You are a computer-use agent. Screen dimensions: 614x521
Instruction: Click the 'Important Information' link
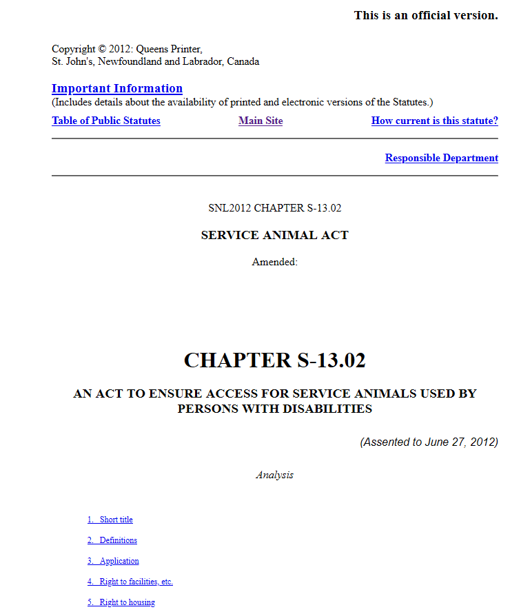(x=117, y=88)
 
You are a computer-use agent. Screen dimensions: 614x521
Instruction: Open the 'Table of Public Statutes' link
(x=106, y=121)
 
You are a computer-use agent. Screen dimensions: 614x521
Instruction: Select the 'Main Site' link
(x=260, y=121)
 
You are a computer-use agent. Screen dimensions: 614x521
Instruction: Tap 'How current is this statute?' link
(x=434, y=121)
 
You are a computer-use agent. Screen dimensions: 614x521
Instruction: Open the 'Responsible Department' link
(x=441, y=158)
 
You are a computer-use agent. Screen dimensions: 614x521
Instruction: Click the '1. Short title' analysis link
(x=110, y=520)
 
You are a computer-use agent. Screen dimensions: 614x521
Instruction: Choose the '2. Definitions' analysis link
(x=112, y=540)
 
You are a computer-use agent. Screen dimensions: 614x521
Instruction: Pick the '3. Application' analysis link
(x=113, y=561)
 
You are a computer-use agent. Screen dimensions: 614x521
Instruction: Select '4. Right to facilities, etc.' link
(x=130, y=582)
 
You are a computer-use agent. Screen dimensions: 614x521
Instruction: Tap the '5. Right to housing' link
(x=121, y=602)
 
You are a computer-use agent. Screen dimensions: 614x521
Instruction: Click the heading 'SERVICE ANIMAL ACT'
(x=274, y=235)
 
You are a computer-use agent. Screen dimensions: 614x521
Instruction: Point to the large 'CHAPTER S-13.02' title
(x=274, y=360)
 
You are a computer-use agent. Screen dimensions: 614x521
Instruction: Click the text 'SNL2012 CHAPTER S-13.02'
(x=274, y=208)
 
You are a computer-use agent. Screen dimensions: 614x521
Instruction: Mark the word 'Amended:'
(x=274, y=262)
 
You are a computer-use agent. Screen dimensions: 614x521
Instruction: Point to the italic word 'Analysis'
(x=274, y=475)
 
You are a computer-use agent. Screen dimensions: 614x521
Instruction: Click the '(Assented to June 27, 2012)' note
(x=429, y=442)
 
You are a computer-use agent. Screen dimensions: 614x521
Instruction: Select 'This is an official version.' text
(x=426, y=15)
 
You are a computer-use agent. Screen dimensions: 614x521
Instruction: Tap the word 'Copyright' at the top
(x=74, y=49)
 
